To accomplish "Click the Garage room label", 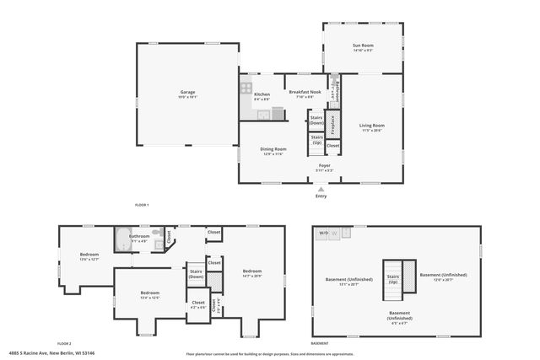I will point(187,94).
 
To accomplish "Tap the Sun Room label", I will point(363,47).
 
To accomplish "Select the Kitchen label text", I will point(262,94).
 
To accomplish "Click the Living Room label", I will point(372,127).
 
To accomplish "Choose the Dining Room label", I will point(273,151).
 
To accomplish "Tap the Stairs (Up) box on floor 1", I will point(316,139).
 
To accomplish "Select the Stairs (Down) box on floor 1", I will point(316,120).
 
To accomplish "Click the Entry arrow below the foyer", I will point(321,191).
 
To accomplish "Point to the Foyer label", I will point(325,168).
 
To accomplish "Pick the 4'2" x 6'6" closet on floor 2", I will point(198,304).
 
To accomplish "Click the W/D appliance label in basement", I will point(323,232).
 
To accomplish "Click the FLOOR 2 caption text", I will point(64,344).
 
